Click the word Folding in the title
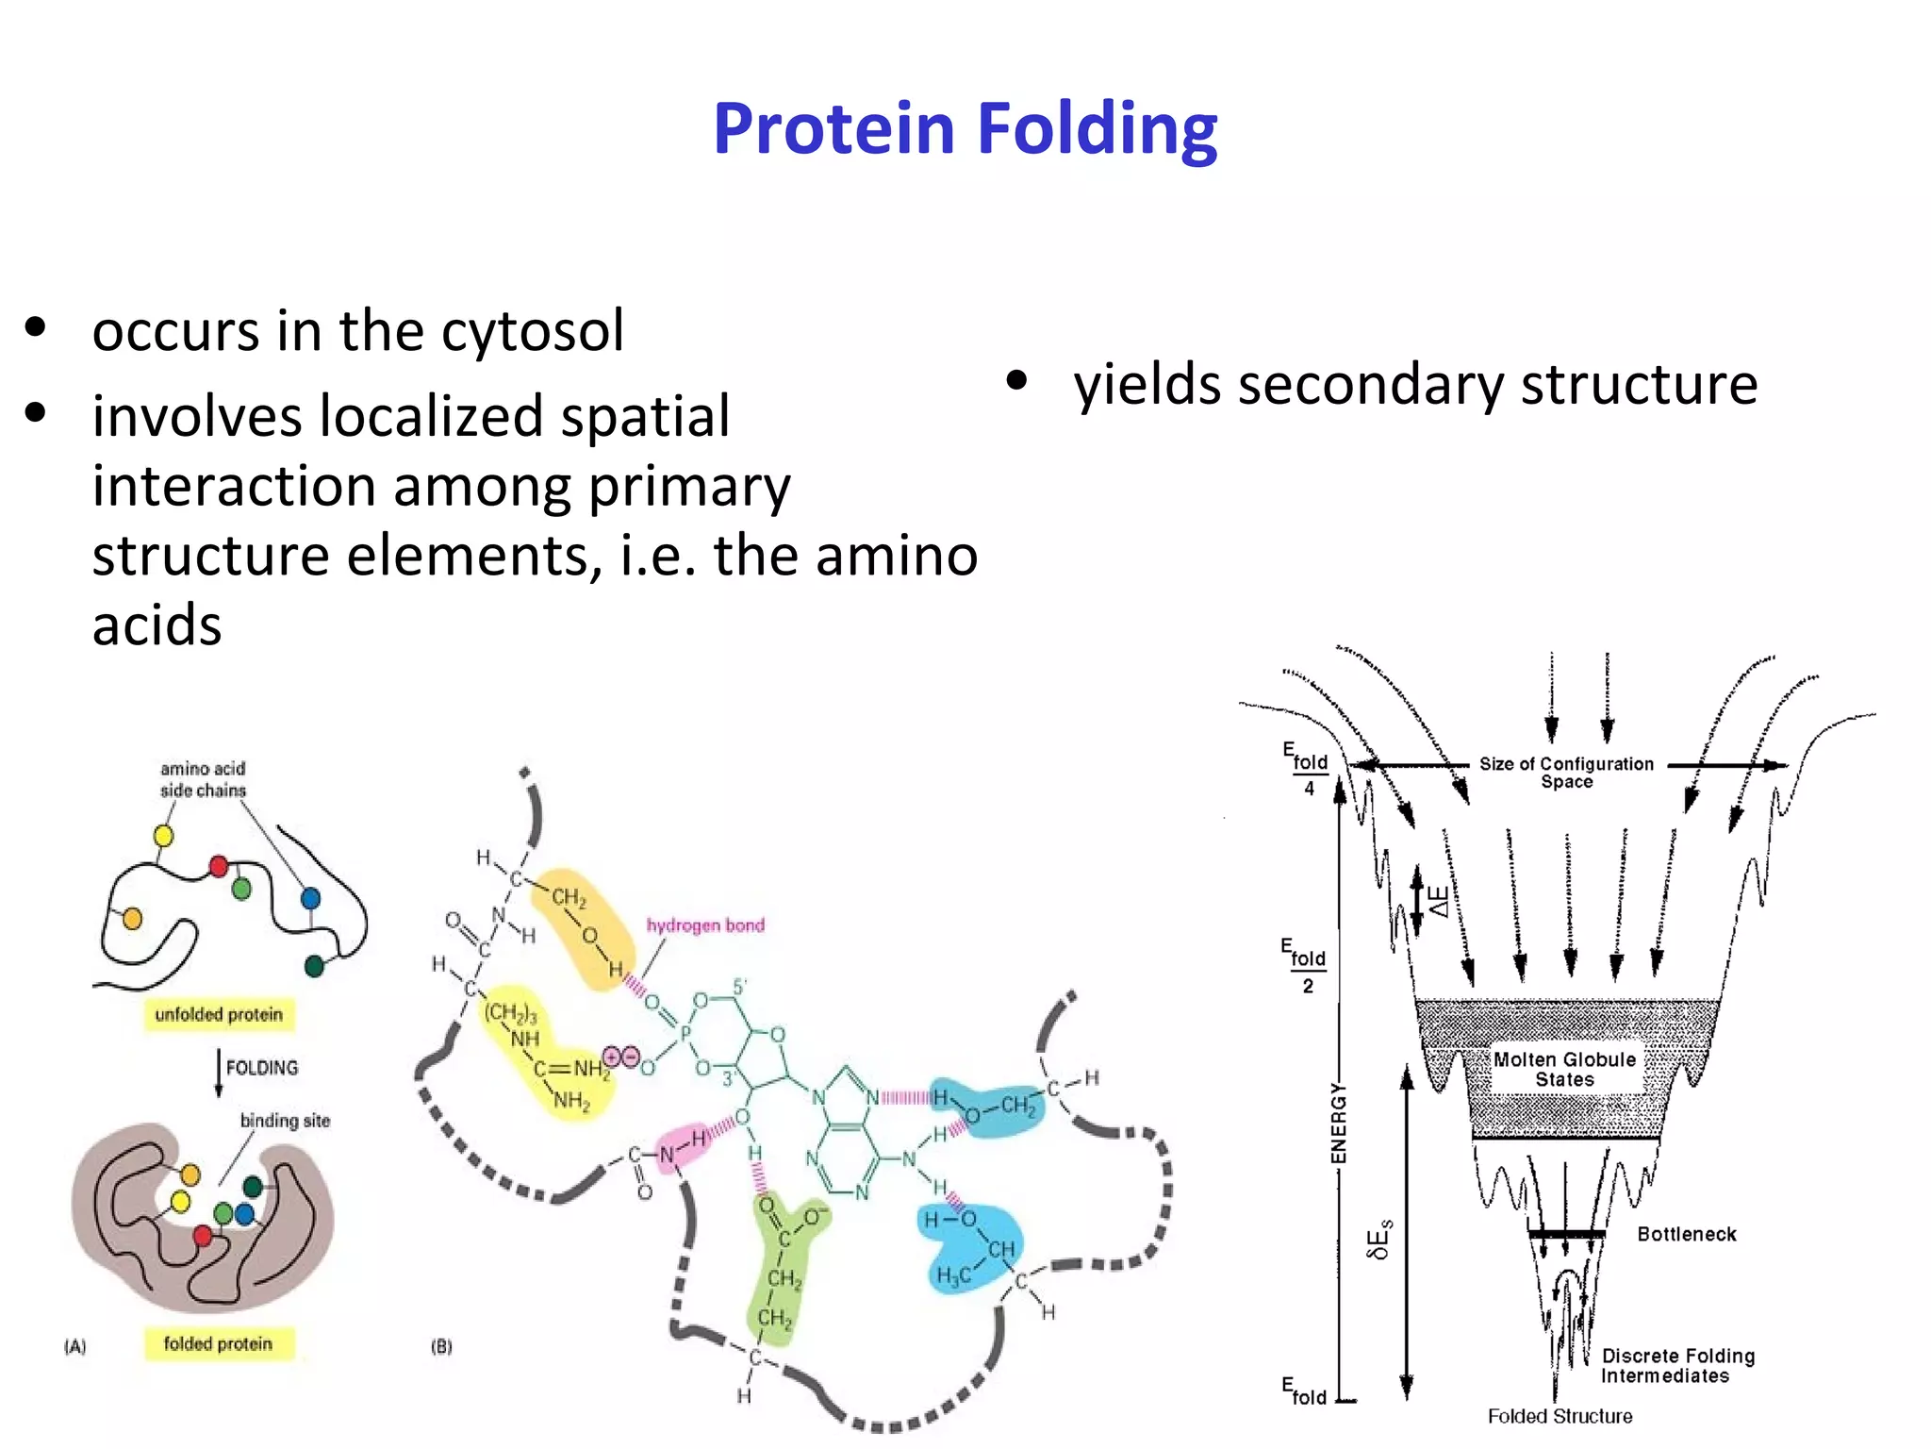(x=1097, y=129)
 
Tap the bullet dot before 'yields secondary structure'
(x=1015, y=382)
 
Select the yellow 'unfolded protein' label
(x=219, y=1014)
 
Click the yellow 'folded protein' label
(x=218, y=1343)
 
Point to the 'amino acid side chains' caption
(x=203, y=779)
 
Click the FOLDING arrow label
(x=261, y=1068)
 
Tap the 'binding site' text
(x=285, y=1121)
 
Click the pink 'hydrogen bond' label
(x=705, y=925)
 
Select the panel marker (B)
(x=441, y=1346)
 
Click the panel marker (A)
(x=75, y=1346)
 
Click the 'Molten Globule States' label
(x=1564, y=1069)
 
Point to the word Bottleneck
(x=1686, y=1234)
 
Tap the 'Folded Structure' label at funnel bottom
(x=1560, y=1416)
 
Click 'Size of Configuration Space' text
(x=1566, y=773)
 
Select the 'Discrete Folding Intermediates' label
(x=1677, y=1365)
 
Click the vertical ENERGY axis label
(x=1339, y=1124)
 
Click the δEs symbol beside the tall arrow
(x=1378, y=1240)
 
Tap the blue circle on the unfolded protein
(x=310, y=899)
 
